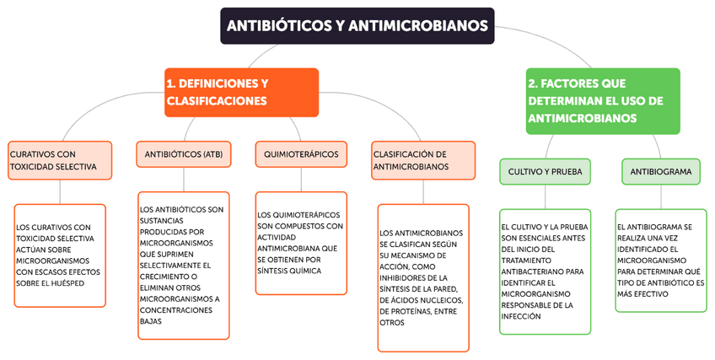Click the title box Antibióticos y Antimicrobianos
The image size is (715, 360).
358,26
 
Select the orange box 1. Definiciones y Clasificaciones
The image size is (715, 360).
242,92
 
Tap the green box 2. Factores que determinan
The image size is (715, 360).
602,100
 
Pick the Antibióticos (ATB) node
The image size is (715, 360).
183,154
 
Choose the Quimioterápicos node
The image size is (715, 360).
301,154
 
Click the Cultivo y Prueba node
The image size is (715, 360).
545,172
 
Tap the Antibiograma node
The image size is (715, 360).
660,172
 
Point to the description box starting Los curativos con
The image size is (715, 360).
60,255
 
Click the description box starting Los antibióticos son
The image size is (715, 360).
183,266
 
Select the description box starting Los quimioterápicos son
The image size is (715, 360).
301,243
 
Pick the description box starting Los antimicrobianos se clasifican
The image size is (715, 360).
422,277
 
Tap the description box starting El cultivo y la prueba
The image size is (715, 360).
545,271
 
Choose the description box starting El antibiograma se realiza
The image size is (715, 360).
660,261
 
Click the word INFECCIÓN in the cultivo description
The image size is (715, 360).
521,317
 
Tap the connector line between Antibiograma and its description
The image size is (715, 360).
660,196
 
